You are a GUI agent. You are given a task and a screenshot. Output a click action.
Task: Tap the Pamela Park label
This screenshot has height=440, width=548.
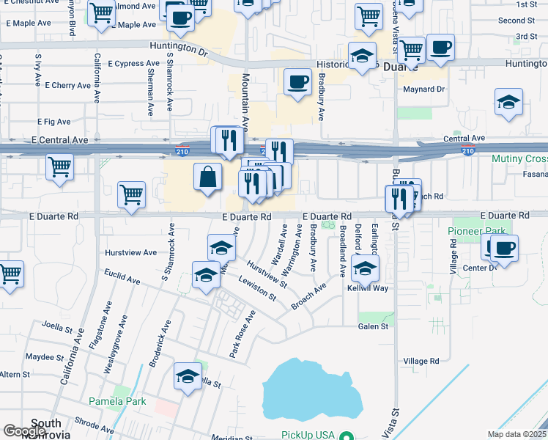coord(117,401)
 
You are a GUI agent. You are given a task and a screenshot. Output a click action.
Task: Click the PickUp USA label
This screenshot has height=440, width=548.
coord(308,434)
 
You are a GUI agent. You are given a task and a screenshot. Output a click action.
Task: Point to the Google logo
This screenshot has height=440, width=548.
coord(25,431)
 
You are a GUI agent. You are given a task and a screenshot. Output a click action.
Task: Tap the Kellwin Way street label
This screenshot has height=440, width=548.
coord(368,288)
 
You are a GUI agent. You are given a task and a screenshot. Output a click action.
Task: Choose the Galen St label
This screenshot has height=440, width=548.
coord(373,326)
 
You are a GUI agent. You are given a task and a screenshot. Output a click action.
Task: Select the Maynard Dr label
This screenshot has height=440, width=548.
coord(424,89)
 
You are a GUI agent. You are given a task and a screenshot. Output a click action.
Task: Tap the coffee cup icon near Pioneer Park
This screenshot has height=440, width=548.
coord(503,248)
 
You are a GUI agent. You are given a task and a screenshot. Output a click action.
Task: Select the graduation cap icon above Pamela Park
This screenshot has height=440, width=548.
coord(188,376)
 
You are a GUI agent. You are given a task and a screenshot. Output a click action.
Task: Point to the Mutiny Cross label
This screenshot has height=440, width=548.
coord(519,159)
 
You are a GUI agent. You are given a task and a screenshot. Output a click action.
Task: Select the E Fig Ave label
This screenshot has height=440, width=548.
coord(53,122)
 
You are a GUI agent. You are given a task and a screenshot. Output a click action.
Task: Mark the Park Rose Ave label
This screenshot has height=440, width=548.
coord(242,334)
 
